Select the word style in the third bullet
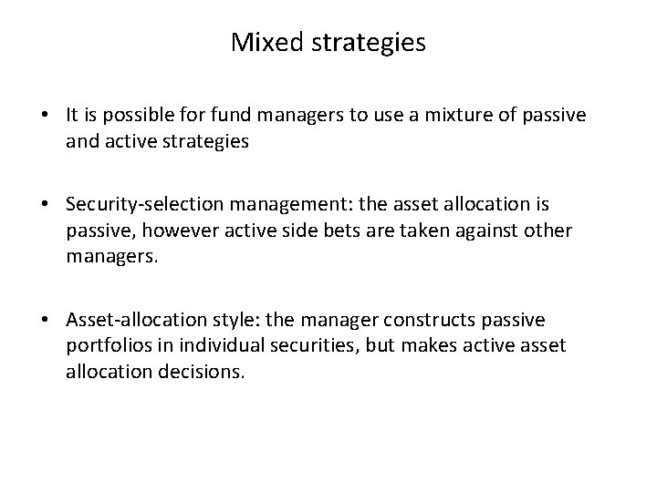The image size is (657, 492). tap(216, 321)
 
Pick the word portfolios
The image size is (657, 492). tap(102, 345)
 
